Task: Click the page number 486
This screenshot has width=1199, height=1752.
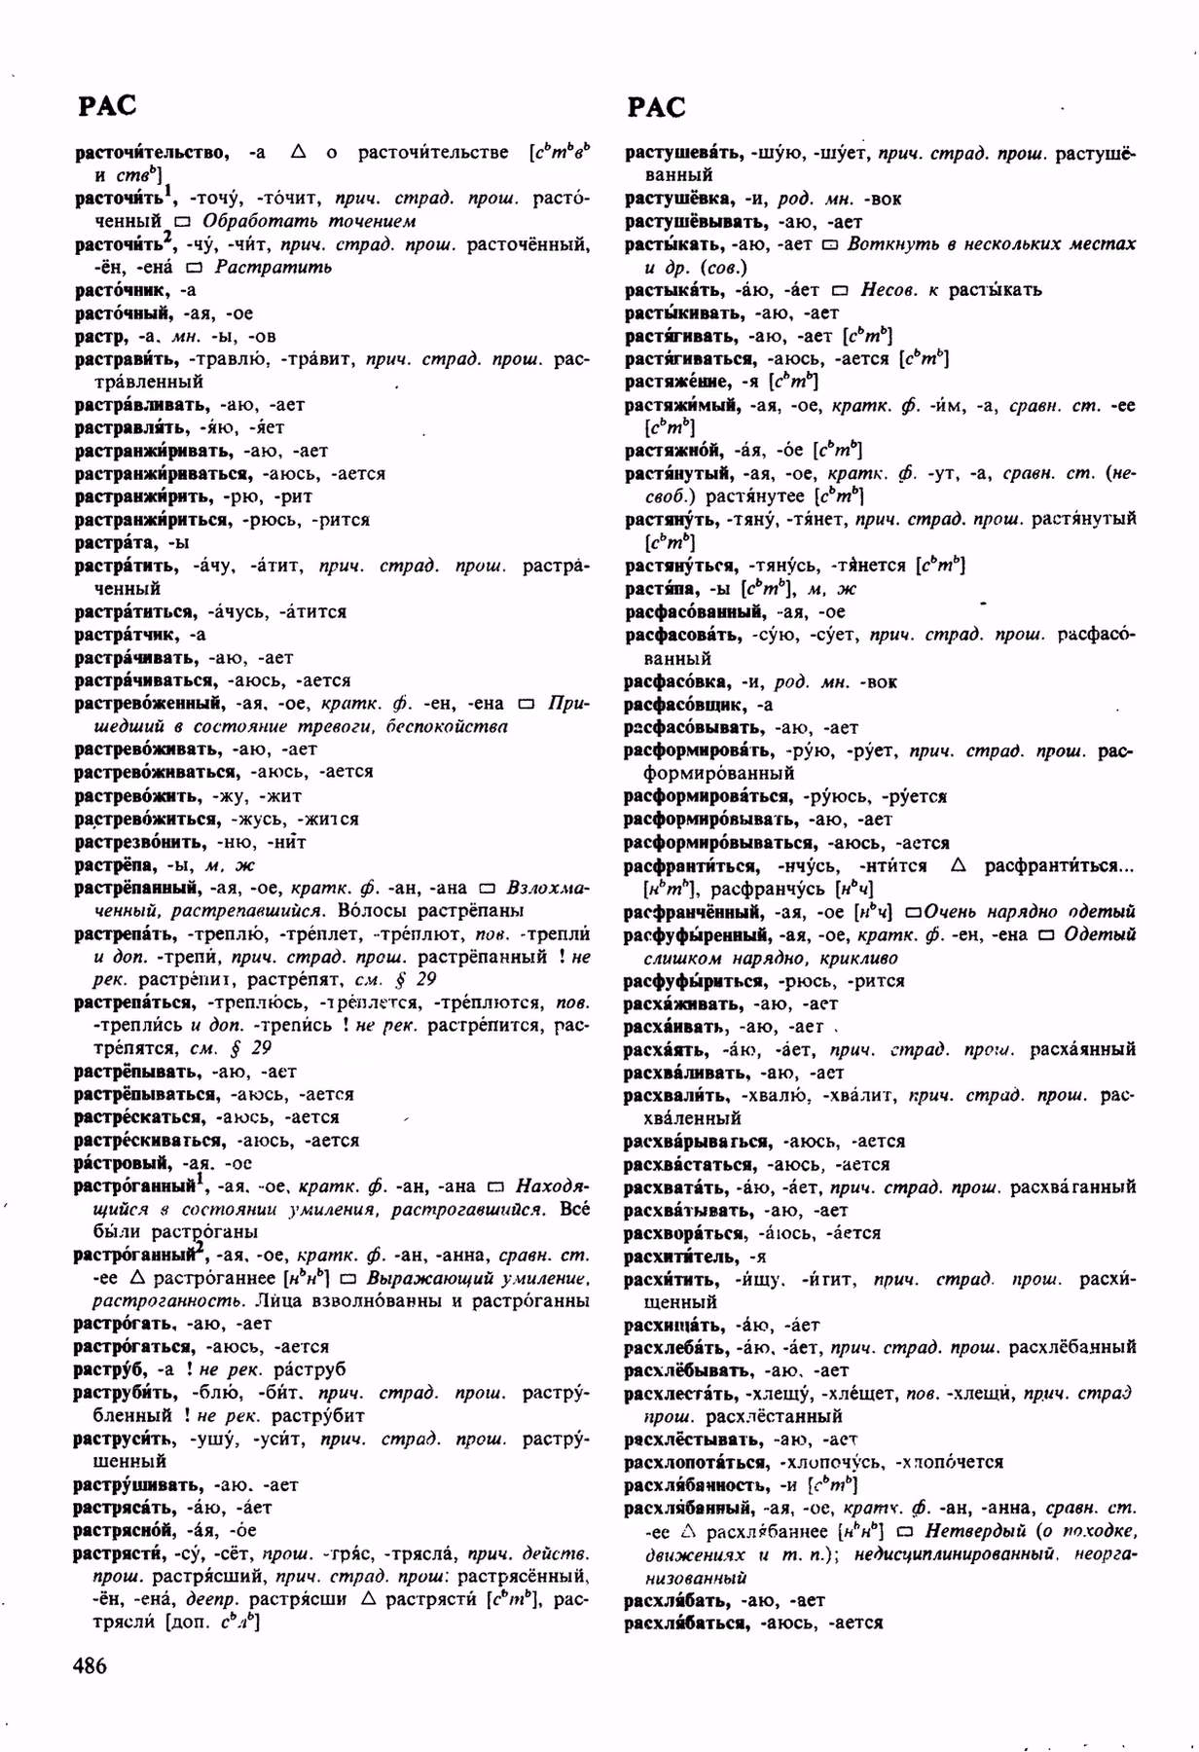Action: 90,1665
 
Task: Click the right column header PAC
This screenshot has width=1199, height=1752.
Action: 656,107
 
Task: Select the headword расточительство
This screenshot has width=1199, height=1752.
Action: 152,153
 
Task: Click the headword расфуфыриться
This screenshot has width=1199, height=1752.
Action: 697,980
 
